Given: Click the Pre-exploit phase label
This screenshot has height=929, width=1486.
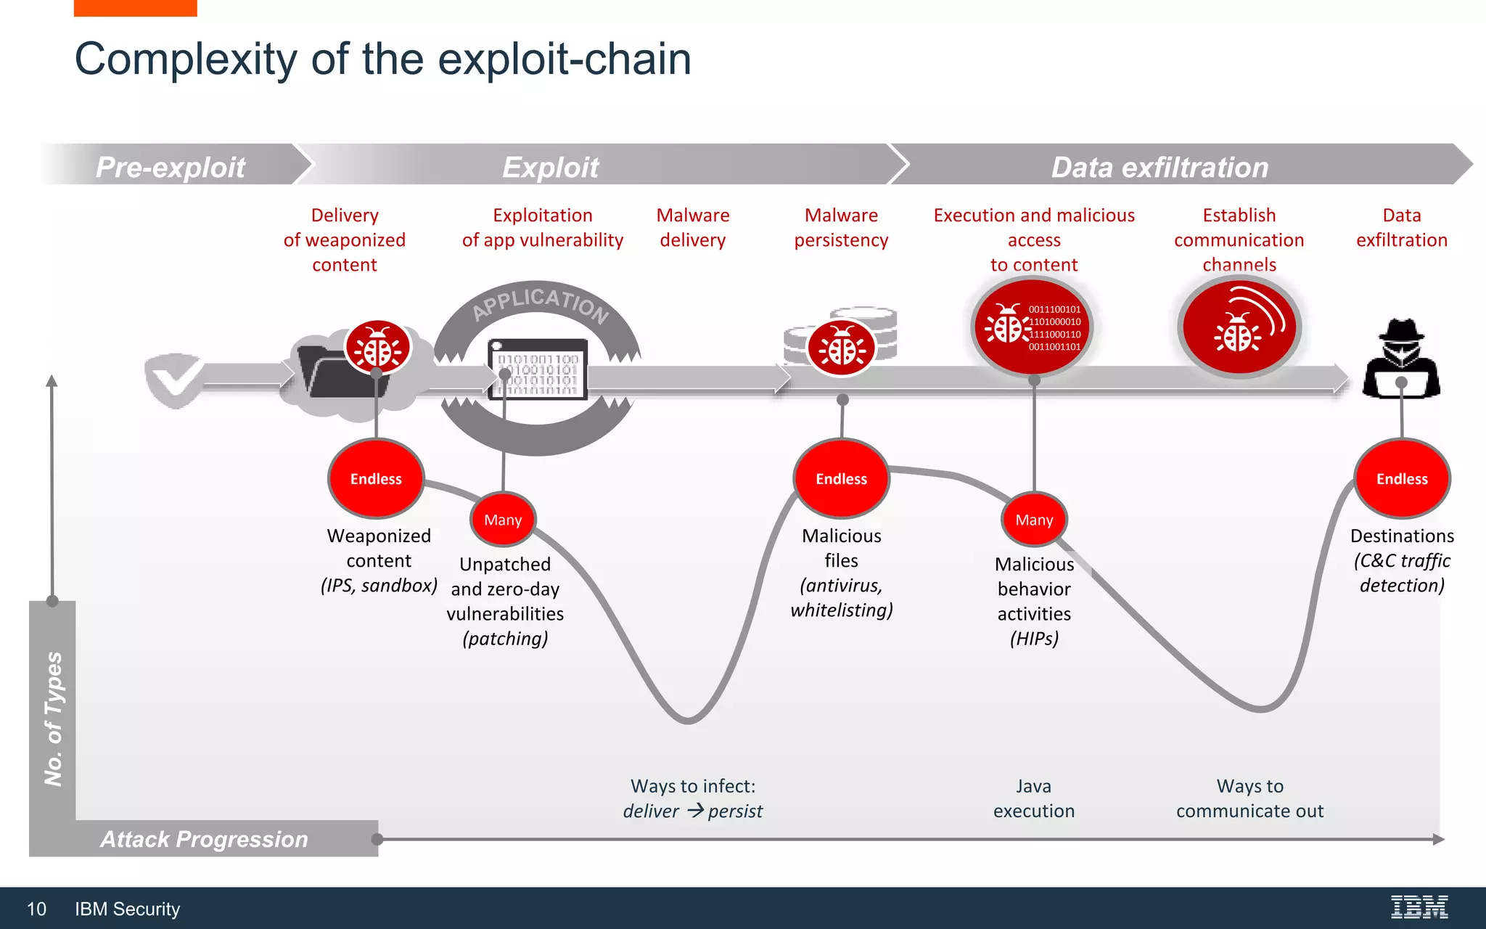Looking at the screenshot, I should coord(171,167).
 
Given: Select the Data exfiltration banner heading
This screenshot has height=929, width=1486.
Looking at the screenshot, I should coord(1159,167).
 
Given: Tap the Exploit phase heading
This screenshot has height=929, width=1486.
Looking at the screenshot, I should coord(550,167).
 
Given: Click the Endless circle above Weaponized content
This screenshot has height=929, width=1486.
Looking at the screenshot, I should coord(376,479).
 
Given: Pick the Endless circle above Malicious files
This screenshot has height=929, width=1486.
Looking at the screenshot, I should coord(841,479).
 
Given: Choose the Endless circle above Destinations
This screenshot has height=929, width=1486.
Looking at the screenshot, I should coord(1402,479).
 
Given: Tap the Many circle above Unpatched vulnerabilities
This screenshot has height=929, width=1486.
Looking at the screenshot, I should coord(503,520).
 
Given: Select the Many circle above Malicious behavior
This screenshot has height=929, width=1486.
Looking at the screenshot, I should coord(1034,520).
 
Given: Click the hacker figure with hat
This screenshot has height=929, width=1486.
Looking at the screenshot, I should coord(1401,359).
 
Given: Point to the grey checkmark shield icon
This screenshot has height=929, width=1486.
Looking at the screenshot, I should coord(174,379).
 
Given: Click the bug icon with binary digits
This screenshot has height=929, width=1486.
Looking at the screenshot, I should coord(1033,327).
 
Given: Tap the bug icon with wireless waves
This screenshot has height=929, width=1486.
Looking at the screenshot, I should coord(1239,327).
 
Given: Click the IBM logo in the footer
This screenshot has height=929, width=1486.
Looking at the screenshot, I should coord(1419,907).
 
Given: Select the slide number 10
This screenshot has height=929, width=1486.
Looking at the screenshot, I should coord(36,909).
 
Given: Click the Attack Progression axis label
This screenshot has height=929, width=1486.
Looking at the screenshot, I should coord(204,839).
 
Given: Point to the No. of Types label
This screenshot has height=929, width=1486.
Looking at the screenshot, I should coord(53,719).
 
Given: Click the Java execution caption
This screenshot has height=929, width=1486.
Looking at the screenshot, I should coord(1034,798).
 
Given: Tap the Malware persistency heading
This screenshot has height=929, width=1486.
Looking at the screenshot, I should coord(841,227).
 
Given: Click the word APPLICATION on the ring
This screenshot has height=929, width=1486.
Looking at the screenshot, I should coord(540,303).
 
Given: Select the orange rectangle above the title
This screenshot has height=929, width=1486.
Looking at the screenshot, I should coord(135,7).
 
